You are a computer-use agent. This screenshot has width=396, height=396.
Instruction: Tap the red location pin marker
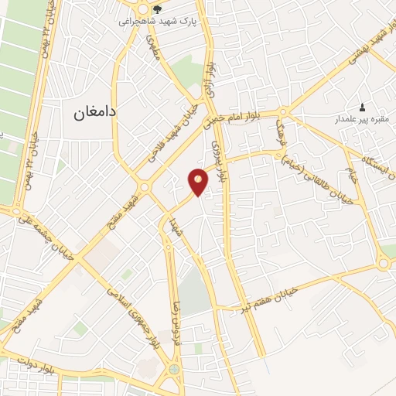coord(198,183)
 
